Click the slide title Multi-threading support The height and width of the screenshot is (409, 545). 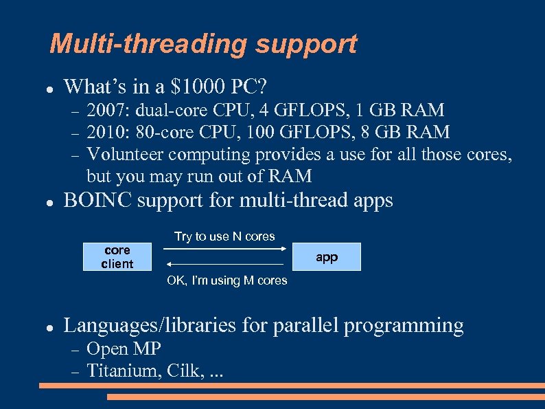pyautogui.click(x=203, y=44)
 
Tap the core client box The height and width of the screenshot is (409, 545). pyautogui.click(x=117, y=256)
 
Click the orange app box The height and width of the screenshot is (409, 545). pyautogui.click(x=327, y=256)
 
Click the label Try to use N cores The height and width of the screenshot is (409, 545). pyautogui.click(x=224, y=236)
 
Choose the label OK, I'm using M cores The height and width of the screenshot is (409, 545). pyautogui.click(x=227, y=280)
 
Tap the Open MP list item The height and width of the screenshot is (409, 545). pyautogui.click(x=124, y=349)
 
